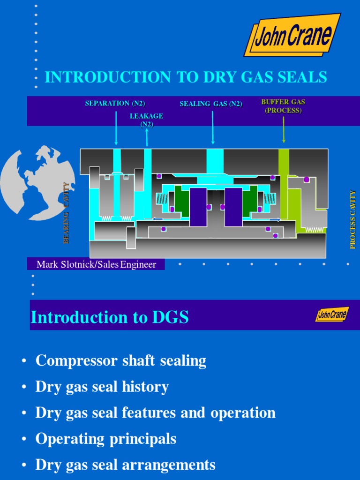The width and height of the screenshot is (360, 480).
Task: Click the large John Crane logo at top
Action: coord(292,36)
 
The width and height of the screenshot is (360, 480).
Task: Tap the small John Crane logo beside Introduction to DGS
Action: coord(332,315)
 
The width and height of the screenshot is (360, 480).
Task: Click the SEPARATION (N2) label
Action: coord(115,104)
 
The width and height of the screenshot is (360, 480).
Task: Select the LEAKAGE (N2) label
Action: coord(147,120)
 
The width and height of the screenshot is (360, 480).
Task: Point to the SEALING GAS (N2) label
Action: coord(211,104)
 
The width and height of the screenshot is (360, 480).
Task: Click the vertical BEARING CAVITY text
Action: coord(66,213)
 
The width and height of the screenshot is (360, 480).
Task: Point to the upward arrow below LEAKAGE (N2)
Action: coord(147,137)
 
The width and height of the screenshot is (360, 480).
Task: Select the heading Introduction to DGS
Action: coord(110,317)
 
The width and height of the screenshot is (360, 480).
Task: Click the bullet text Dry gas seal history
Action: coord(102,387)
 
